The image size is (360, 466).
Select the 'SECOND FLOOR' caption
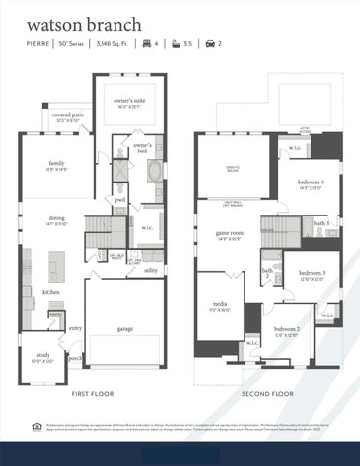[267, 394]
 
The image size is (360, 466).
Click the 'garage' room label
[125, 328]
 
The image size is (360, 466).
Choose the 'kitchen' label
[50, 291]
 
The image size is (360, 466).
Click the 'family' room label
[57, 163]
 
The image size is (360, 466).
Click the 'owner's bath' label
[145, 146]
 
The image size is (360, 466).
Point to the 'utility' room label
[150, 270]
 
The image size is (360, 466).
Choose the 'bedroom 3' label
[311, 273]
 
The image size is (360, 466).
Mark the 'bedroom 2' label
[286, 330]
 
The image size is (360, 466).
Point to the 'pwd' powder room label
[120, 201]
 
